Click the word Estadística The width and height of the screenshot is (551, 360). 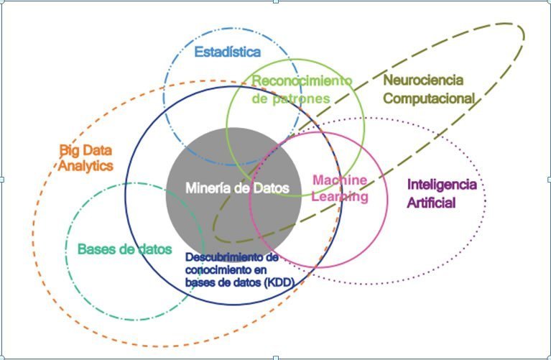[228, 52]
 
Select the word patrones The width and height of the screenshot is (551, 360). [307, 98]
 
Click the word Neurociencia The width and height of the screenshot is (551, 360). [423, 80]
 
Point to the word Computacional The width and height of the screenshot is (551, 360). [429, 98]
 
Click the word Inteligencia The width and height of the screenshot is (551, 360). [442, 185]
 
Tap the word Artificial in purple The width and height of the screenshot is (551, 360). [432, 203]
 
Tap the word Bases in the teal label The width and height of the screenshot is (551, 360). [93, 249]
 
